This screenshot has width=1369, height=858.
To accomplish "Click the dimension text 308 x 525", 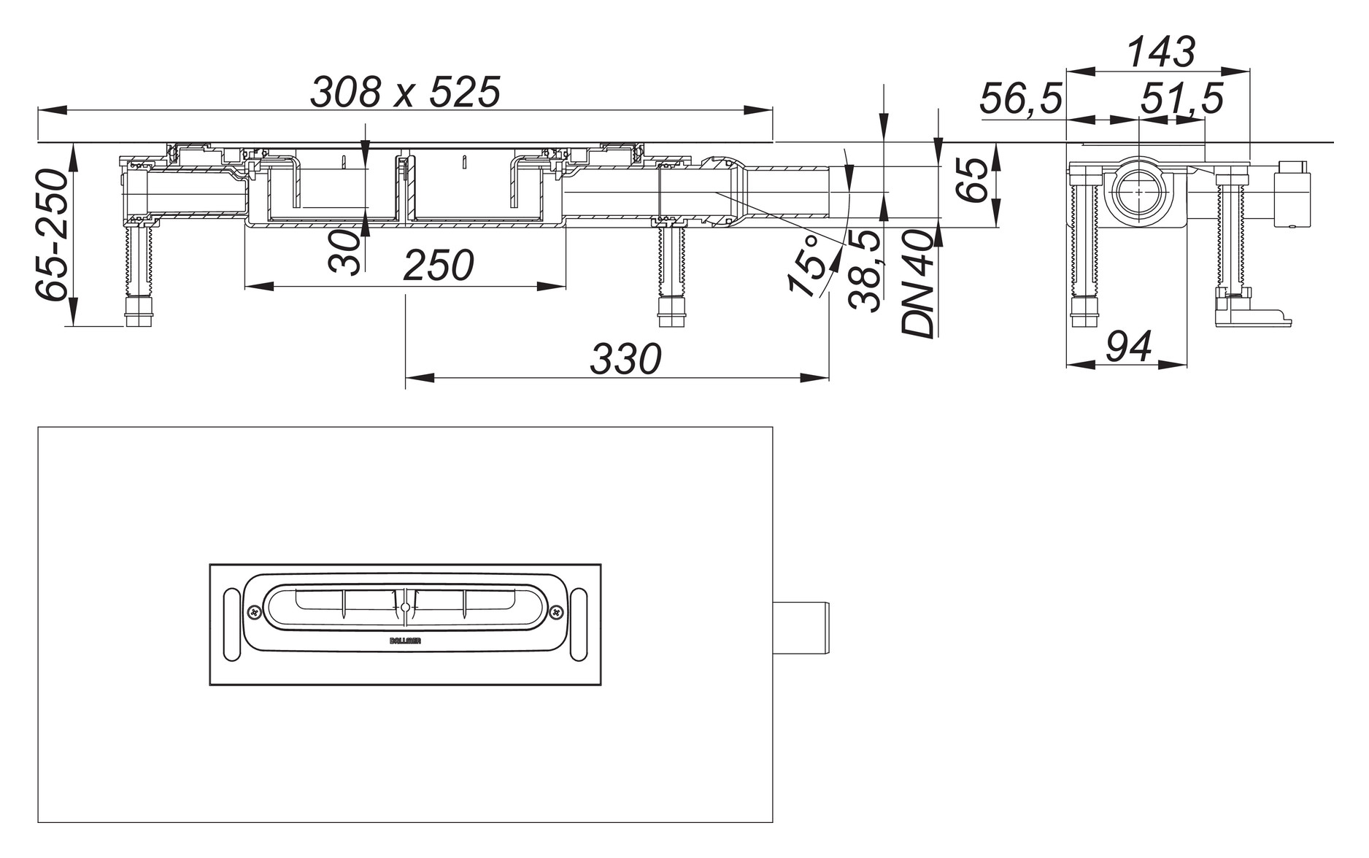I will (x=406, y=92).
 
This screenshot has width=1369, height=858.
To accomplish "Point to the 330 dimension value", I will (x=625, y=359).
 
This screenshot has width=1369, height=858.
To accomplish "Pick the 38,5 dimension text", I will (x=866, y=270).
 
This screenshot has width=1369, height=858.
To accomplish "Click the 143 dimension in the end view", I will (x=1161, y=53).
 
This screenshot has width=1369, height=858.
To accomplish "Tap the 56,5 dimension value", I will (x=1021, y=98).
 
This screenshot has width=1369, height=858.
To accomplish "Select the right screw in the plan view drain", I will (x=558, y=611).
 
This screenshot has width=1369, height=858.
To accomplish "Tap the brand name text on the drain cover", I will (x=405, y=640).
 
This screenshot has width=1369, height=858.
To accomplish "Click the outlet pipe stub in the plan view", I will (x=801, y=629).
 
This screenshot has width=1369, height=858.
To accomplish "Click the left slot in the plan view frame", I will (x=231, y=625).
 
